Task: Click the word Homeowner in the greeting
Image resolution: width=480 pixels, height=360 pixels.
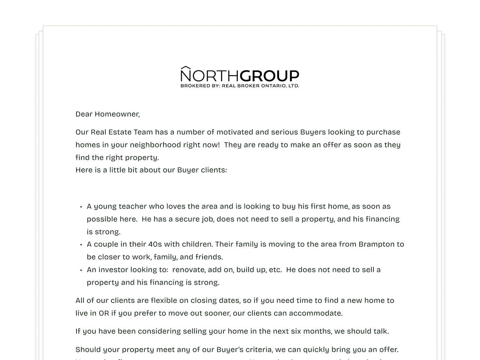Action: pos(117,114)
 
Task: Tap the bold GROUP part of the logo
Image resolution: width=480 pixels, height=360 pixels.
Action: pos(269,76)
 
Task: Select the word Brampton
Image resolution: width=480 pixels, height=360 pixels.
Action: pos(376,244)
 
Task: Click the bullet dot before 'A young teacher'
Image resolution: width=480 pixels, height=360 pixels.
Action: pos(81,207)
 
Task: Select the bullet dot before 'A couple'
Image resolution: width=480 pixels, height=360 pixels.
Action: pos(81,244)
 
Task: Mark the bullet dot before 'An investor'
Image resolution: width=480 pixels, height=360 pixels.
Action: pos(81,270)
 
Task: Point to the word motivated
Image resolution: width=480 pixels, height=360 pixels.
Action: pos(235,132)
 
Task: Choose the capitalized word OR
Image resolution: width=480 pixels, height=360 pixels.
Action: pos(104,313)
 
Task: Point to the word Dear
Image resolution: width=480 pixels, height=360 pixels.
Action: pos(84,114)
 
